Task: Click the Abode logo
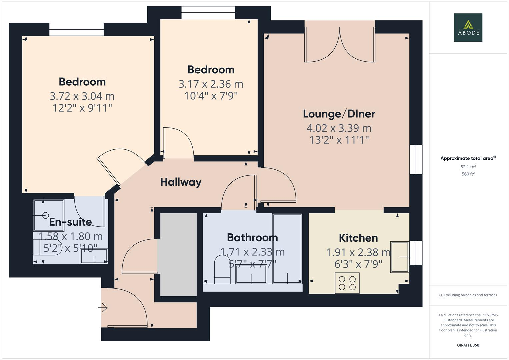click(468, 27)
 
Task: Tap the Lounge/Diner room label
click(339, 114)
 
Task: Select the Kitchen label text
click(358, 238)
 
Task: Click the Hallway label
click(181, 182)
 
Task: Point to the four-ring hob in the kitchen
click(347, 283)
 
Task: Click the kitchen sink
click(399, 257)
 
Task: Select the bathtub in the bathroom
click(287, 248)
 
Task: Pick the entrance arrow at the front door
click(103, 307)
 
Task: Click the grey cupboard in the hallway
click(178, 255)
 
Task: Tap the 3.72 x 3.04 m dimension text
click(82, 96)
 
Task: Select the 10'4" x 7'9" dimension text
click(211, 96)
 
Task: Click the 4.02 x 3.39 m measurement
click(339, 128)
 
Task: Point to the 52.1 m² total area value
click(468, 167)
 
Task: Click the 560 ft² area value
click(468, 174)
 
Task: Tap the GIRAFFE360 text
click(468, 345)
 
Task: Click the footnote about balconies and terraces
click(468, 295)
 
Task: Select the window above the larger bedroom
click(76, 29)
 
